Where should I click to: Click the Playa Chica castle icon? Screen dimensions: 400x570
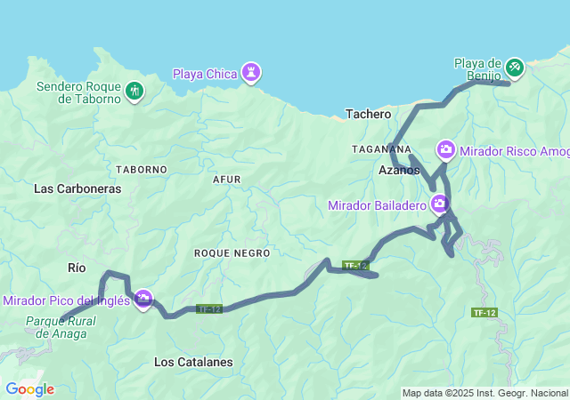pos(252,72)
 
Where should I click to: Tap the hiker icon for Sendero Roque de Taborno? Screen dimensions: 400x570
pos(134,90)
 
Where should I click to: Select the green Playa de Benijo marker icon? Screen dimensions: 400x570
pos(514,67)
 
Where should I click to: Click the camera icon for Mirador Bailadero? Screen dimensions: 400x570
pos(439,205)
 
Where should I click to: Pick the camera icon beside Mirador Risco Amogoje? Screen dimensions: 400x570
pos(445,149)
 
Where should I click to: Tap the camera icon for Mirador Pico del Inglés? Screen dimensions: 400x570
pos(142,300)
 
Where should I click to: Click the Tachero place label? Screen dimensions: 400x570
pos(368,114)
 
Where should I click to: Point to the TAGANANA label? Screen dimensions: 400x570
pos(381,148)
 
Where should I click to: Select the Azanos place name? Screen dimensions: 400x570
pos(399,169)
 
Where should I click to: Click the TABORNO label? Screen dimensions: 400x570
pos(142,169)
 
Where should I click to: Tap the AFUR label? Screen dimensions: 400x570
pos(227,179)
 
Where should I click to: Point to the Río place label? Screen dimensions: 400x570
pos(77,267)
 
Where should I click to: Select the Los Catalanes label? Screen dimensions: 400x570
pos(193,362)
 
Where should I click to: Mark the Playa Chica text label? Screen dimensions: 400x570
pos(205,73)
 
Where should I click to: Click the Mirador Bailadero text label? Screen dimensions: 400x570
pos(378,205)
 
